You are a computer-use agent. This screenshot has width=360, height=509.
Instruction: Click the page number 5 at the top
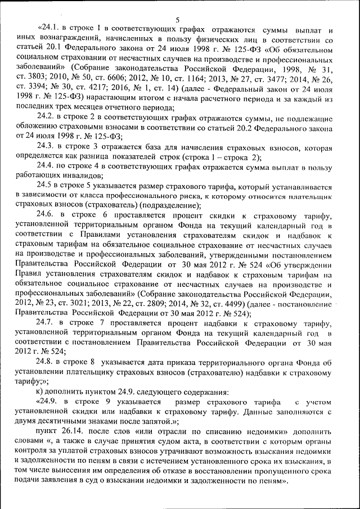click(177, 20)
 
